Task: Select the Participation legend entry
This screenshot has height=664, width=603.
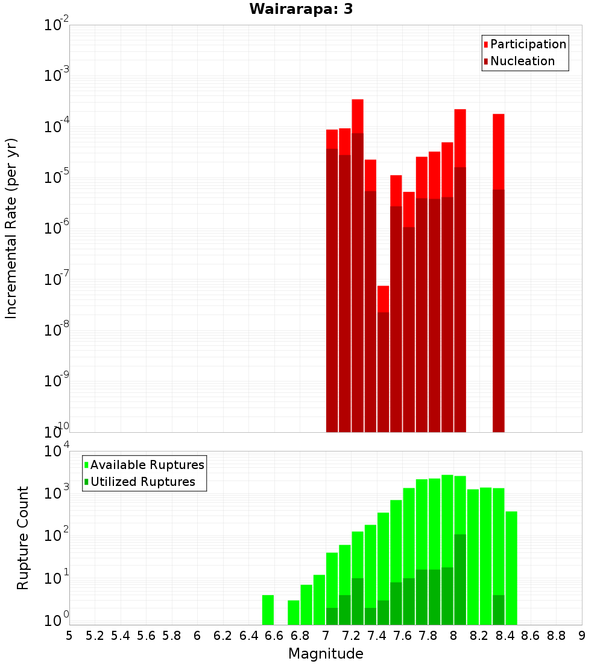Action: coord(528,44)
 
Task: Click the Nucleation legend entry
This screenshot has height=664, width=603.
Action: coord(522,61)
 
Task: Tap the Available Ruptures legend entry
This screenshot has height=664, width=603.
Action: coord(147,465)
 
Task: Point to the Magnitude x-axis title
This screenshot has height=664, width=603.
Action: coord(326,654)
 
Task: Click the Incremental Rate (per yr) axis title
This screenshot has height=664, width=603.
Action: coord(11,228)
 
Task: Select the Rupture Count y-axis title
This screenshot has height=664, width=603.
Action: coord(23,538)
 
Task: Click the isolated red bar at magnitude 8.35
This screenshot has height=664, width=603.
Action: coord(498,272)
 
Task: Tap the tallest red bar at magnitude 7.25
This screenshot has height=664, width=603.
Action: coord(358,266)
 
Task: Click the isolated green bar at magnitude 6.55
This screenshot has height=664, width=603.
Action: coord(268,610)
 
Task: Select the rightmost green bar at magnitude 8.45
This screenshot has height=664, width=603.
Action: coord(511,567)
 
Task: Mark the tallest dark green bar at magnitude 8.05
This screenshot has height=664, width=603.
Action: coord(460,579)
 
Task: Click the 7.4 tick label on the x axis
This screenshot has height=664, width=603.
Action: coord(376,636)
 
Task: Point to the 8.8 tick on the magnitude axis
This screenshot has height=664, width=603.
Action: coord(556,636)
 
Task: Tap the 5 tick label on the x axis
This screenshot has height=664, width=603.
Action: coord(69,636)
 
